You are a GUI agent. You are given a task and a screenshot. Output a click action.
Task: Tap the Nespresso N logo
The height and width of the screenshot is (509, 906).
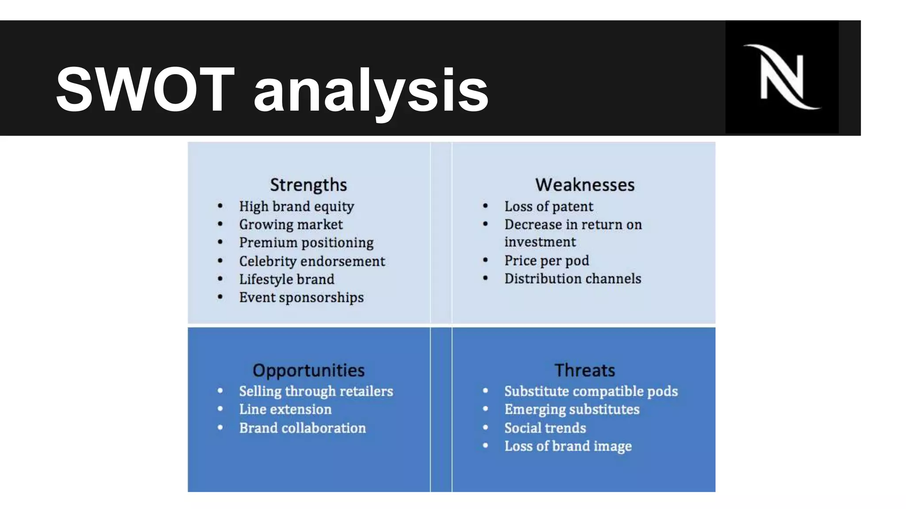[x=782, y=77]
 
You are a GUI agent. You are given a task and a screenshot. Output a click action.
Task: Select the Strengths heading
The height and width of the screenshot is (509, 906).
[x=308, y=185]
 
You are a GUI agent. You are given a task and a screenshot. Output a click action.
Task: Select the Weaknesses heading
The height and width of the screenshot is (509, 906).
[x=584, y=185]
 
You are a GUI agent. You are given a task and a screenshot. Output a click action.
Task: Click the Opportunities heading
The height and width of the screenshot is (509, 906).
[x=308, y=370]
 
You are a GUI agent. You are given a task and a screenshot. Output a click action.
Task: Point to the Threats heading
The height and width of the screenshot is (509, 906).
[x=584, y=370]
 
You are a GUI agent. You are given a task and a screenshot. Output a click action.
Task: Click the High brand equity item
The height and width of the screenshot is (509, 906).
[x=296, y=206]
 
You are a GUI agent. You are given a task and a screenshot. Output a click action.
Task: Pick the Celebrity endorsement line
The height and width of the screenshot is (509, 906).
[x=312, y=261]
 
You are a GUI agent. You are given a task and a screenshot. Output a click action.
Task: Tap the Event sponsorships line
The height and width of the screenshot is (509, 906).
[x=301, y=297]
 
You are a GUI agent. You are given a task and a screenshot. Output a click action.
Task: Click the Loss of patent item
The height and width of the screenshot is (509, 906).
[x=549, y=206]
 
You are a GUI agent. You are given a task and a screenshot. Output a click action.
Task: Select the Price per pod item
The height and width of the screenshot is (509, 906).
[x=547, y=261]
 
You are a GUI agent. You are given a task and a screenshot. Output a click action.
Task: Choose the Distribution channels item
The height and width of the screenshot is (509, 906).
[x=572, y=279]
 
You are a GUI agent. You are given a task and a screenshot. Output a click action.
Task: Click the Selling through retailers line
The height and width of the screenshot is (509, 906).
[x=316, y=391]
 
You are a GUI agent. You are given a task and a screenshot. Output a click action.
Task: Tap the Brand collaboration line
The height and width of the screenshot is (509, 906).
[x=303, y=428]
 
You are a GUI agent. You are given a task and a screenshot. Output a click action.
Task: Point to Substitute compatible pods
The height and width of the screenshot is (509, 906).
[x=591, y=391]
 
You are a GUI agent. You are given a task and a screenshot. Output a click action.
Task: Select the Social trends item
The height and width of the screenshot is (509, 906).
[x=545, y=428]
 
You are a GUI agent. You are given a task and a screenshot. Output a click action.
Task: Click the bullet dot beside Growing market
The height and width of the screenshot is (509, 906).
[x=220, y=224]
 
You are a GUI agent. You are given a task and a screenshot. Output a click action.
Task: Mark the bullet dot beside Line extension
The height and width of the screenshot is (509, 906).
[x=220, y=409]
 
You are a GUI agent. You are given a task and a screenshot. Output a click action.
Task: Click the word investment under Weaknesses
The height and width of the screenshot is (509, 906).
[x=540, y=242]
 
